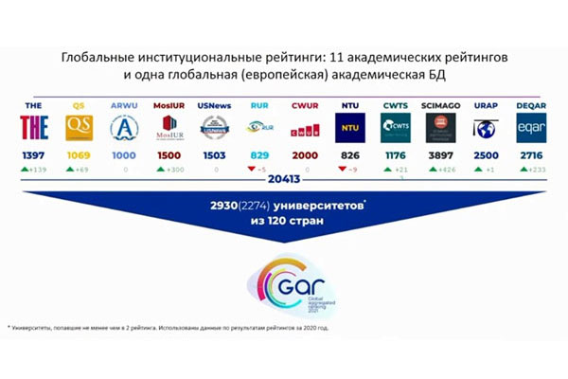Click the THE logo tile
(34, 127)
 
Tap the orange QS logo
(80, 127)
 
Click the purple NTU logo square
(350, 127)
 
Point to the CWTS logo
(395, 127)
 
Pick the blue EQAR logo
(531, 127)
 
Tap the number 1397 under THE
(34, 153)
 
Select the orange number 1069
(80, 153)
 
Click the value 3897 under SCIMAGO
(440, 153)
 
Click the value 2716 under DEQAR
(531, 153)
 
